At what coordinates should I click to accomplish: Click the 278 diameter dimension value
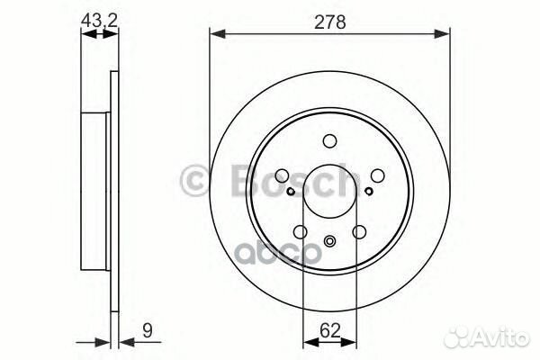tap(329, 22)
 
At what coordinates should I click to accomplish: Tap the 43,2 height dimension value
tap(99, 21)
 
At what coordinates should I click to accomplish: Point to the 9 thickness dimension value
tap(148, 331)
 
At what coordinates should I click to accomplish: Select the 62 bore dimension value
tap(330, 330)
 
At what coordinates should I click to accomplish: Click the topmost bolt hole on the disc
tap(329, 141)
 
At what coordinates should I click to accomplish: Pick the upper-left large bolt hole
tap(282, 175)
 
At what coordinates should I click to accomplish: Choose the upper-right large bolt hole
tap(378, 175)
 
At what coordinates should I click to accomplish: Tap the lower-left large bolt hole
tap(301, 232)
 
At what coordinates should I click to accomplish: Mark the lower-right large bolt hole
tap(359, 232)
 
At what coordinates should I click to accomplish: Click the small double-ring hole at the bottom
tap(330, 241)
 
